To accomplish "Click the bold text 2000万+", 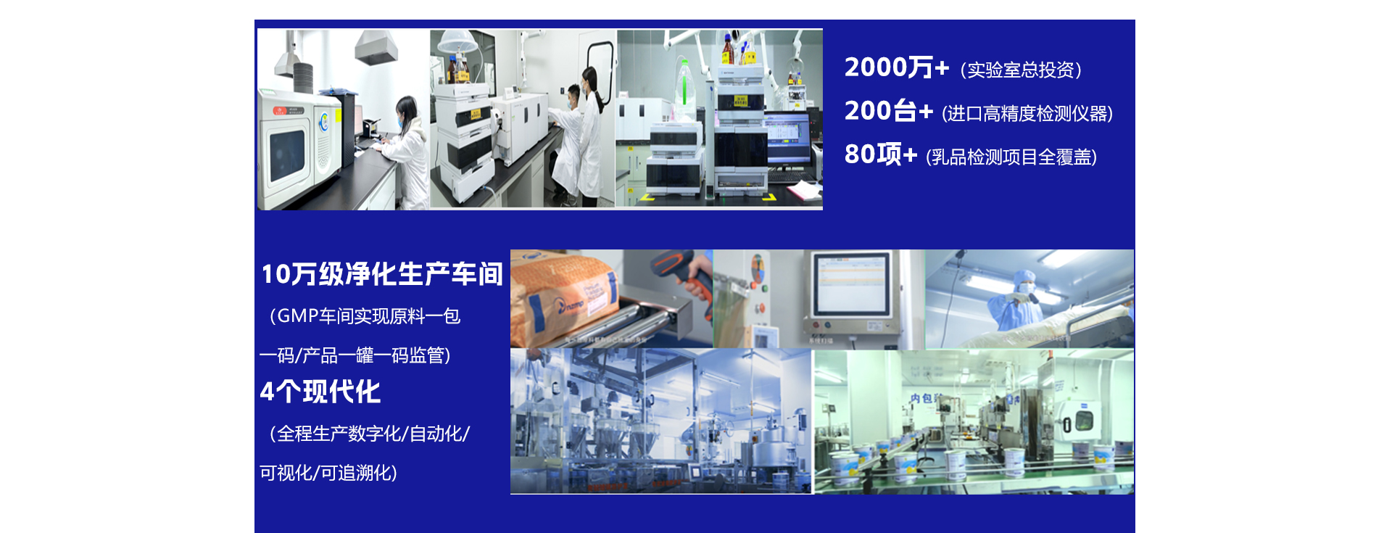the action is tap(897, 67).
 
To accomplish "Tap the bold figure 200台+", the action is tap(889, 111).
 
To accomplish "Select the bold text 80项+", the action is tap(881, 154).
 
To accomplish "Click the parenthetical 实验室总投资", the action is tap(1021, 70).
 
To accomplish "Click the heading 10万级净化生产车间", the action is tap(382, 274).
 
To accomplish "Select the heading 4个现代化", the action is tap(320, 392).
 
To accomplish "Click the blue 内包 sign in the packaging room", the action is tap(925, 398).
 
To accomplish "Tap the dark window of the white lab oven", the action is tap(287, 154).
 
